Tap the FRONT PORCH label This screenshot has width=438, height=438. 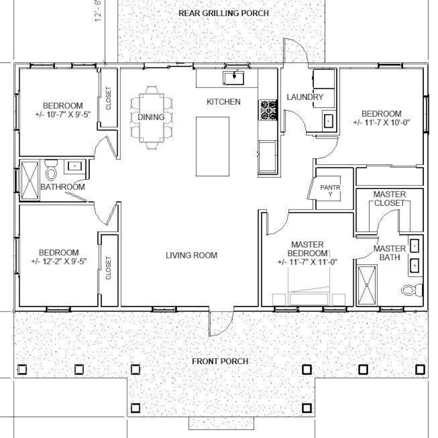[x=220, y=361]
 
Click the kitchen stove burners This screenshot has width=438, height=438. [x=268, y=109]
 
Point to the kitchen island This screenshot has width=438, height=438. [x=212, y=146]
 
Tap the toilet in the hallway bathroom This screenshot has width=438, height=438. [x=52, y=172]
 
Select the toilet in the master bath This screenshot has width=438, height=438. [x=412, y=290]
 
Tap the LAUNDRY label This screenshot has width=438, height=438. [x=306, y=97]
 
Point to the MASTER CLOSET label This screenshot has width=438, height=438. [x=389, y=199]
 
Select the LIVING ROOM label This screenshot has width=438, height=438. [x=192, y=255]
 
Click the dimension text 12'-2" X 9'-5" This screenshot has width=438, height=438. [x=60, y=261]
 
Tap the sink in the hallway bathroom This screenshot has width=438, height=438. [x=73, y=165]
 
